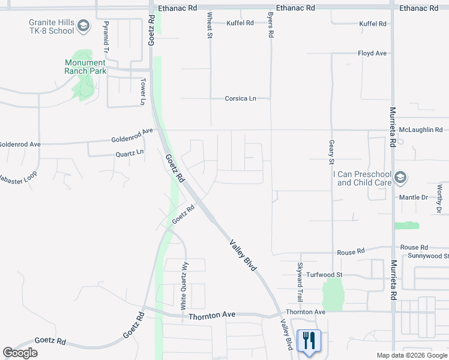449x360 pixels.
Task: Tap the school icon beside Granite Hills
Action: pyautogui.click(x=83, y=26)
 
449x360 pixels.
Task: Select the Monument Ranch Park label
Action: pyautogui.click(x=85, y=67)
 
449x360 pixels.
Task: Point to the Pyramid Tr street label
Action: pyautogui.click(x=106, y=34)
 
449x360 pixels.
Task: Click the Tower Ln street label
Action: pyautogui.click(x=143, y=91)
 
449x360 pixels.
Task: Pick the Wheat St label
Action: pyautogui.click(x=210, y=25)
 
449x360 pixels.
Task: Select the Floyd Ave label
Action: pyautogui.click(x=372, y=53)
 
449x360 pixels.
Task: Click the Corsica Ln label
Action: pyautogui.click(x=240, y=98)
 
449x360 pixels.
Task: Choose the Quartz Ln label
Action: pyautogui.click(x=130, y=153)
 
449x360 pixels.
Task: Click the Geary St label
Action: pyautogui.click(x=331, y=152)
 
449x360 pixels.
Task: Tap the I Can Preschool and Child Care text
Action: pyautogui.click(x=363, y=178)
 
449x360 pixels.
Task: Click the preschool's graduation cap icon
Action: pyautogui.click(x=401, y=178)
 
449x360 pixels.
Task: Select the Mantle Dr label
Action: pyautogui.click(x=413, y=197)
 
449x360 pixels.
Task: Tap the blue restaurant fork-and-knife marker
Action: pyautogui.click(x=309, y=341)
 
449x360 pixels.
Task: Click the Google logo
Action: pyautogui.click(x=20, y=353)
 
